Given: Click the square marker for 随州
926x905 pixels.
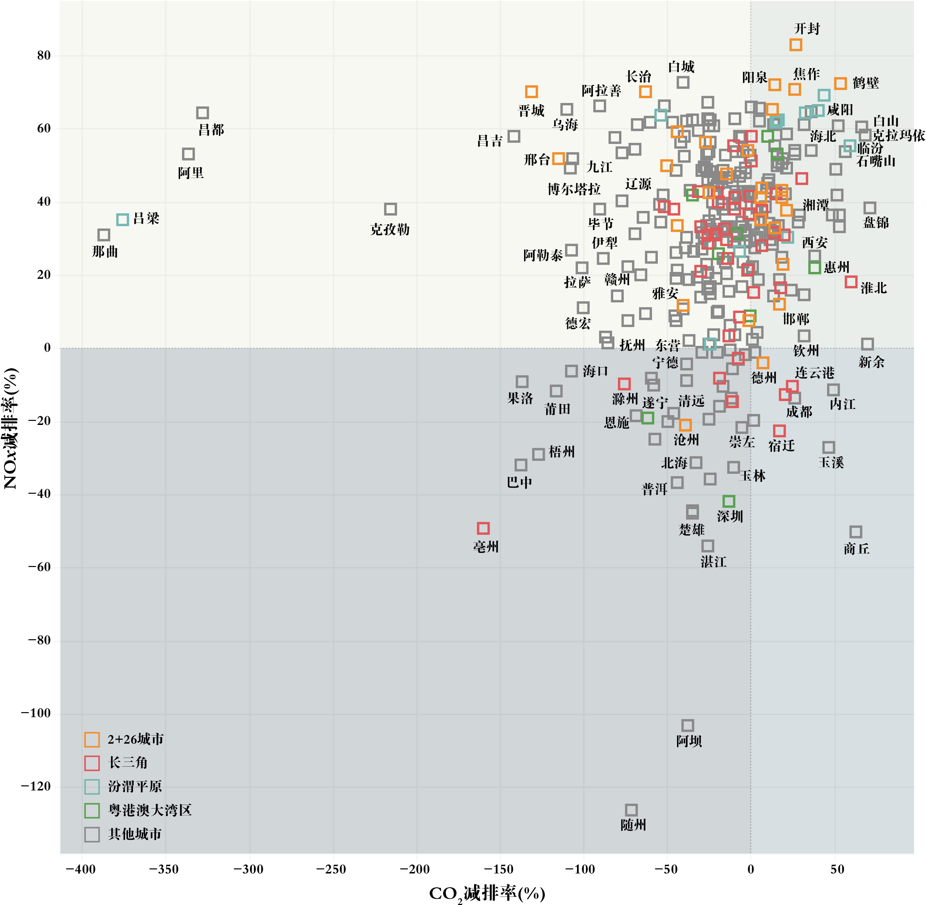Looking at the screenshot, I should click(x=631, y=810).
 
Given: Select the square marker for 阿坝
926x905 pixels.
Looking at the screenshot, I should click(x=688, y=725).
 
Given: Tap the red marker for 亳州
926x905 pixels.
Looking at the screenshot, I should click(x=483, y=528).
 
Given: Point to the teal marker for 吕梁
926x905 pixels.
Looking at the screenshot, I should click(x=123, y=220).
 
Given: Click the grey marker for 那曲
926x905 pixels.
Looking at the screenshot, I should click(x=104, y=235).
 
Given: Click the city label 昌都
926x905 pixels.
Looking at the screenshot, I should click(x=211, y=130).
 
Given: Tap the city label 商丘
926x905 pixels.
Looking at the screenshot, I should click(x=856, y=549).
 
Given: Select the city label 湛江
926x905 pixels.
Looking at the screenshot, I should click(x=713, y=562).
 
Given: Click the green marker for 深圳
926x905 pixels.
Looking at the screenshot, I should click(x=729, y=501).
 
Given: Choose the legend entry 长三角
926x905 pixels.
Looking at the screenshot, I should click(x=128, y=763).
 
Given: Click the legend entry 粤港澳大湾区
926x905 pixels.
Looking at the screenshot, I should click(x=150, y=810).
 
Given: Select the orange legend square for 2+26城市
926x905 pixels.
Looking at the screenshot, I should click(x=92, y=740).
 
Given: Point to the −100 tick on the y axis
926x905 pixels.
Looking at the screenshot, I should click(x=36, y=714).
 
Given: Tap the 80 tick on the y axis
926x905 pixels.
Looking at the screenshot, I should click(x=44, y=55).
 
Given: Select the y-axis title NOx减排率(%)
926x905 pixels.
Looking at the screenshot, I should click(x=11, y=428).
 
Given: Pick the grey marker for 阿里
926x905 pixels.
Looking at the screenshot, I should click(x=188, y=154).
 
